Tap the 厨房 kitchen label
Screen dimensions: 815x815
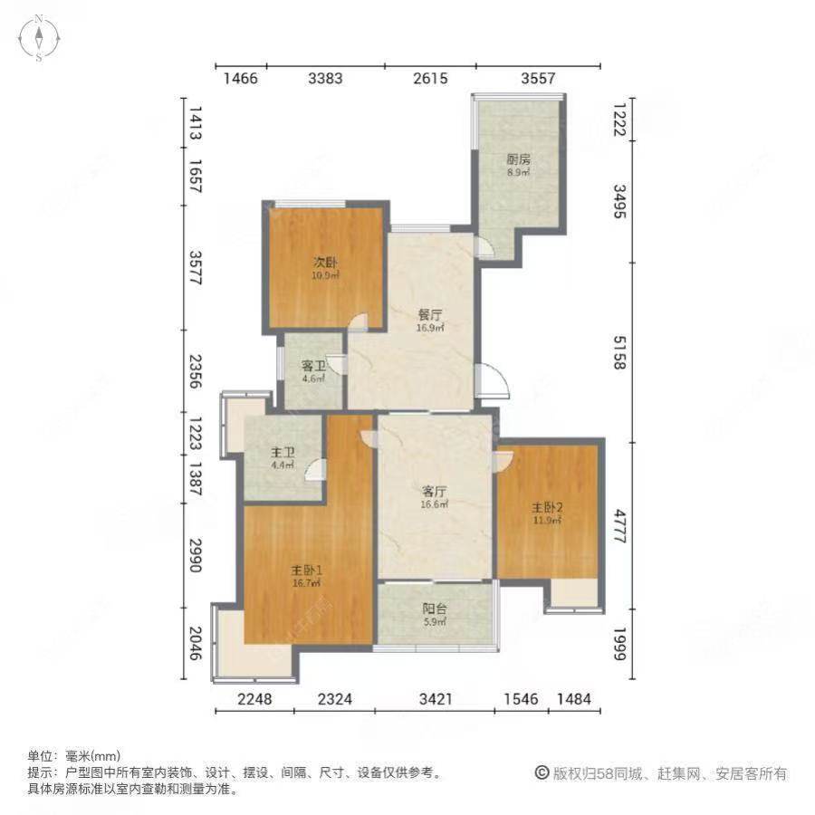518,159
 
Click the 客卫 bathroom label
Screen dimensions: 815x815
313,367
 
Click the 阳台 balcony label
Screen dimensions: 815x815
436,609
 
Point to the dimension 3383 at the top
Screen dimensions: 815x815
325,79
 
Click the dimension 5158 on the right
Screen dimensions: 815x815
620,351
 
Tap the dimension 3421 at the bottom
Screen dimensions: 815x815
436,698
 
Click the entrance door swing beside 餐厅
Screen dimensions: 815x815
494,381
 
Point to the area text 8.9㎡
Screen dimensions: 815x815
518,171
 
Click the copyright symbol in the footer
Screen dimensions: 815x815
542,773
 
